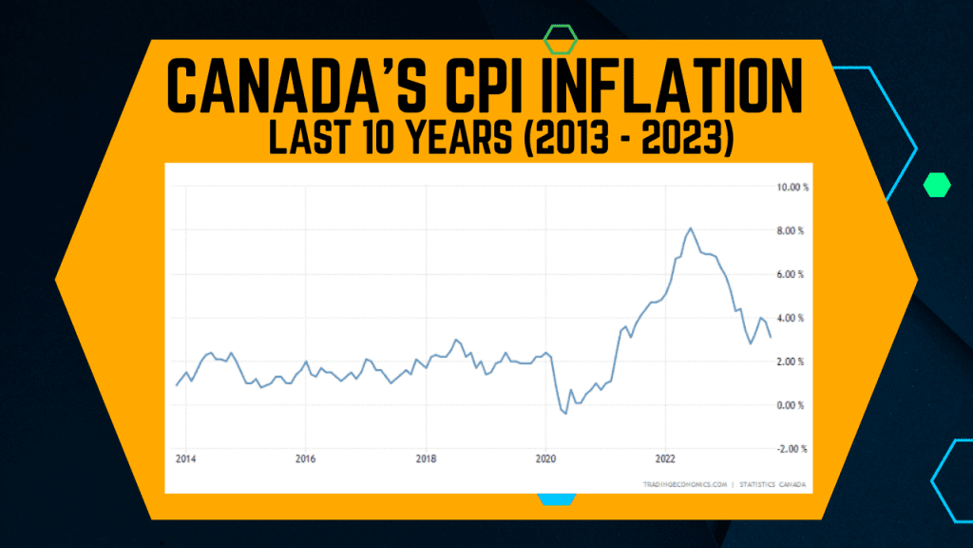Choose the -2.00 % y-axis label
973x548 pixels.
pos(790,449)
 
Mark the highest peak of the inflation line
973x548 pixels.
pos(690,228)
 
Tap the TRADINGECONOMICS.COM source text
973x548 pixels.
pos(685,485)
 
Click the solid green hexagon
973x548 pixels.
pos(938,185)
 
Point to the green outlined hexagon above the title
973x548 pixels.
pos(560,40)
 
